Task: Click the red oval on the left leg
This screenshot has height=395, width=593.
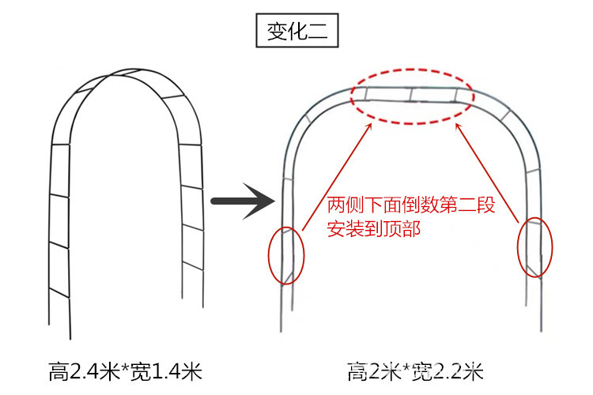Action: coord(285,254)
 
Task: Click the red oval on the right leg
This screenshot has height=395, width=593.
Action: coord(535,246)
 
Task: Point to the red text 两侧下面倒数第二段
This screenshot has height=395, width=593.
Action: coord(410,208)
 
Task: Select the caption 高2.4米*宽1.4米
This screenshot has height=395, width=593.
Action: coord(126,370)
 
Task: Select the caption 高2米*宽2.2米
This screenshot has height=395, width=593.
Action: coord(415,370)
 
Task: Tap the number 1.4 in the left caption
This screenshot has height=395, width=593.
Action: coord(163,370)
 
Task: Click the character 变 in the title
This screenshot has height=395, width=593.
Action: coord(276,32)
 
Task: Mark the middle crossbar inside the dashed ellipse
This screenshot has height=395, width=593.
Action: coord(412,95)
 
